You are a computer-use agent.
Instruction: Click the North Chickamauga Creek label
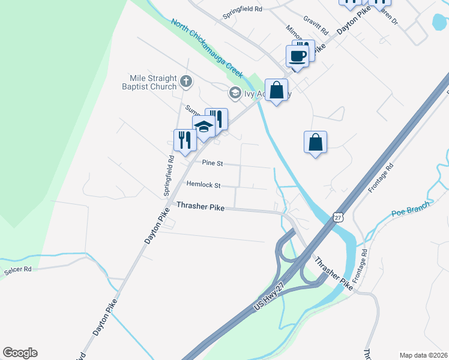[207, 48]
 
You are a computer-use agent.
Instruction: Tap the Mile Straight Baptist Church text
[154, 82]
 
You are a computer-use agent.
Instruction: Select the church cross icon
[186, 80]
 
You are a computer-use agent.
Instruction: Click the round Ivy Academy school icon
[234, 92]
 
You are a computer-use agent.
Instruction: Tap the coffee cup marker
[298, 57]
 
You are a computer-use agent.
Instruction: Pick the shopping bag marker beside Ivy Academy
[276, 91]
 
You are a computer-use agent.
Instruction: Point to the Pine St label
[212, 163]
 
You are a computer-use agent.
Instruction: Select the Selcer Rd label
[17, 270]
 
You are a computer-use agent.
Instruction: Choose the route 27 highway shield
[339, 218]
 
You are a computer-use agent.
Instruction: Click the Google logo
[20, 353]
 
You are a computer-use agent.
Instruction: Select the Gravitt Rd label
[316, 25]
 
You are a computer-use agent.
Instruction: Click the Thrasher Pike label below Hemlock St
[200, 206]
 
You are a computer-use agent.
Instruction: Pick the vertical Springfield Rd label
[169, 176]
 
